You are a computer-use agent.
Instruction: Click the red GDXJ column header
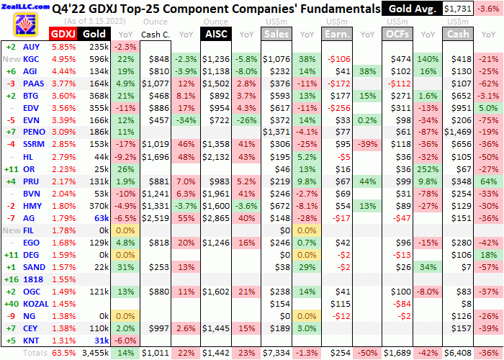[63, 34]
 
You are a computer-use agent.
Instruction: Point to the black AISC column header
[216, 34]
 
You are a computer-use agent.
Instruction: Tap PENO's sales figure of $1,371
[277, 132]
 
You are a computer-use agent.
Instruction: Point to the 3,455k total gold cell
[94, 353]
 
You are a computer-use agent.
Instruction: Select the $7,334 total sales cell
[277, 353]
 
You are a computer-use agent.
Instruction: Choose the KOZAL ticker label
[35, 303]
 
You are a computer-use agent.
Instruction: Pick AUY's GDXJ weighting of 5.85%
[63, 46]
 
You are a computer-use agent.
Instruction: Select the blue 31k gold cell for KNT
[99, 341]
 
